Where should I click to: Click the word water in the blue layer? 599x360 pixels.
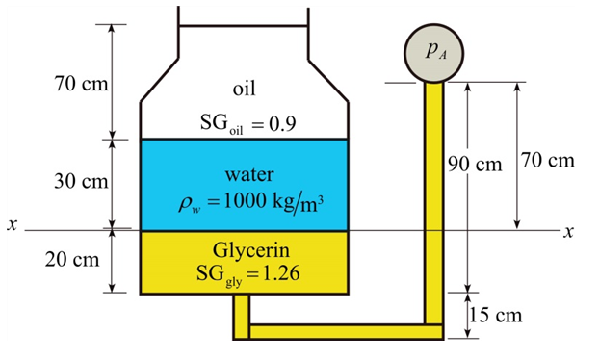pyautogui.click(x=248, y=175)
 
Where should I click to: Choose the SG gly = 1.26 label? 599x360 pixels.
pyautogui.click(x=248, y=273)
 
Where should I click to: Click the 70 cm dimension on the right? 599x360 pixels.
pyautogui.click(x=548, y=159)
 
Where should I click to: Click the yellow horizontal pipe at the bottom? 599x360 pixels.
pyautogui.click(x=337, y=332)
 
